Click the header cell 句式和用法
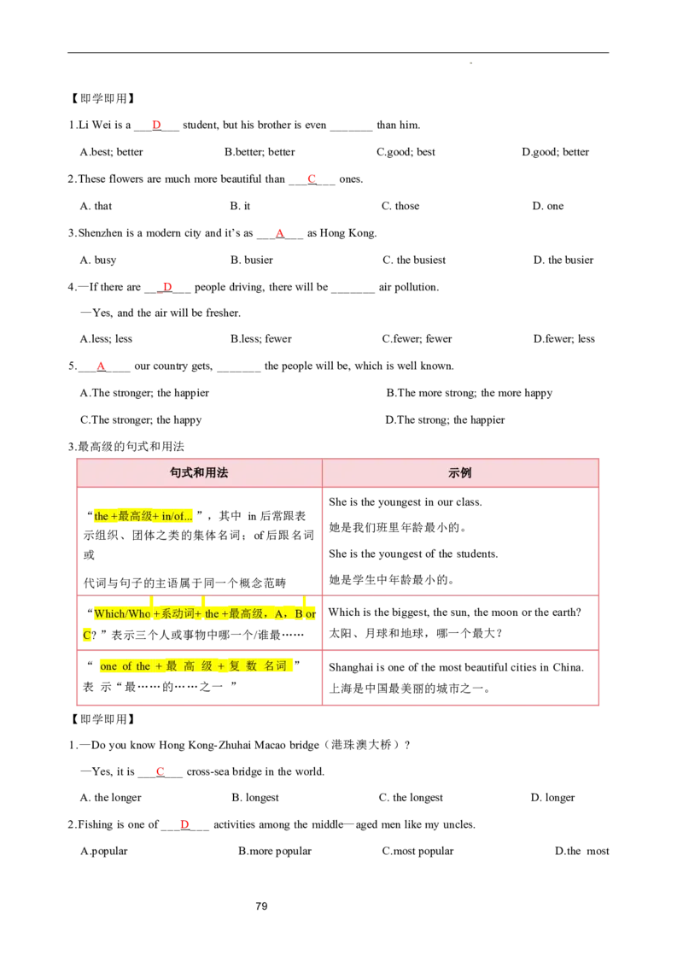coord(199,472)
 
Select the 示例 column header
coord(460,472)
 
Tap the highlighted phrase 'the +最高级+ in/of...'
coord(143,516)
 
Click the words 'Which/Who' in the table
coord(122,613)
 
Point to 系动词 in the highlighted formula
coord(178,613)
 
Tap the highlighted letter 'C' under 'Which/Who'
coord(86,635)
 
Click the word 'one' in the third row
coord(108,666)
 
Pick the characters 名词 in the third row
coord(275,666)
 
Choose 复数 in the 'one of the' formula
coord(242,666)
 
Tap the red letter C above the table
coord(312,178)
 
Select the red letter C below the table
coord(159,771)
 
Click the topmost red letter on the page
coord(156,124)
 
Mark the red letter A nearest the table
coord(101,366)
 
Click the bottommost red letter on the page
coord(184,824)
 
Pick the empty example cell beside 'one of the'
coord(460,680)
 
